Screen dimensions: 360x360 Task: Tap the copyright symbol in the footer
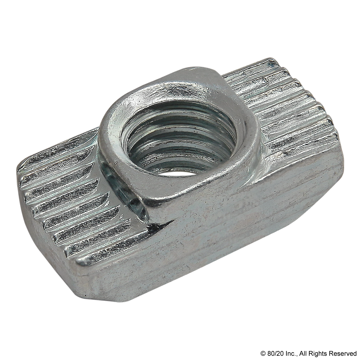(x=263, y=353)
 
